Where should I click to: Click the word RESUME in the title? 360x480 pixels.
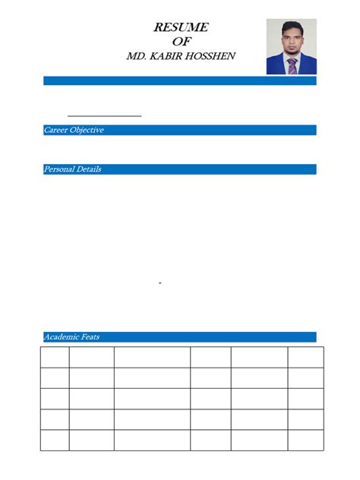[181, 27]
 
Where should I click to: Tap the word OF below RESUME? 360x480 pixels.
[181, 41]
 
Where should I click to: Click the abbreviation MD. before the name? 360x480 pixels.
[137, 56]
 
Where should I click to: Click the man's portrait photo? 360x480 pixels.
[291, 46]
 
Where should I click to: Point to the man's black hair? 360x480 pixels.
[292, 28]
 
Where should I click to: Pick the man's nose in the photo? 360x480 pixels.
[292, 42]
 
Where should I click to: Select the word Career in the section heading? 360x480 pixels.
[57, 131]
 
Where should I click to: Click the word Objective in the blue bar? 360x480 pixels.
[87, 131]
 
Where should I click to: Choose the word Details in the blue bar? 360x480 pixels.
[90, 169]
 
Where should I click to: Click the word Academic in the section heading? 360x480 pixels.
[61, 337]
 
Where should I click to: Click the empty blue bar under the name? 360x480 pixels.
[180, 81]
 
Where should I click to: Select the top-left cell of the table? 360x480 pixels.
[54, 358]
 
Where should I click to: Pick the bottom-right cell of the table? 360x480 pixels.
[305, 440]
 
